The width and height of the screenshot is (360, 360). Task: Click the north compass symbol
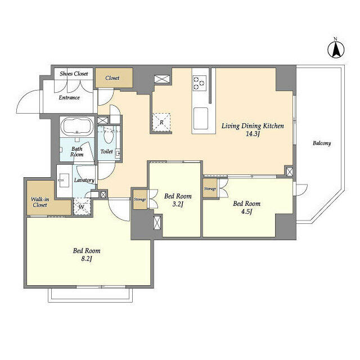click(335, 49)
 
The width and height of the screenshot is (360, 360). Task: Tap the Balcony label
click(321, 143)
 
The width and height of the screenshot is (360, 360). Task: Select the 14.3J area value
click(252, 135)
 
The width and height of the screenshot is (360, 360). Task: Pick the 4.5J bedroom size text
click(246, 211)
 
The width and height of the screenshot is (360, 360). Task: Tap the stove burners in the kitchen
click(199, 83)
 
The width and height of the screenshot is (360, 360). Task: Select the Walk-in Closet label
click(39, 202)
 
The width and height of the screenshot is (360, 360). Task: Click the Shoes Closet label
click(74, 73)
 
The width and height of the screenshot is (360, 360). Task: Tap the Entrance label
click(70, 97)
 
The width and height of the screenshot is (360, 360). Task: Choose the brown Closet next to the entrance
click(114, 78)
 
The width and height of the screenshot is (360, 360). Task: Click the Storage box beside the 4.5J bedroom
click(210, 189)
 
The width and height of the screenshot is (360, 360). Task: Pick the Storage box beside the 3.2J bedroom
click(139, 199)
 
